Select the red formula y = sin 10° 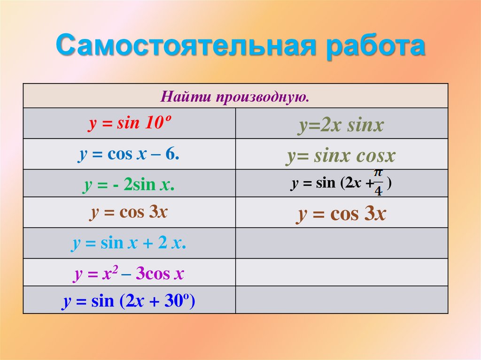[x=129, y=124]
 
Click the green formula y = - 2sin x [x=129, y=185]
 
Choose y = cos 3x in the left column [x=129, y=212]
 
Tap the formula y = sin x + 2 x [x=129, y=244]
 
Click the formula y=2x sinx [x=341, y=126]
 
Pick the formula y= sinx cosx [x=341, y=156]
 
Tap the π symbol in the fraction [x=378, y=175]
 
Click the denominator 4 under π [x=378, y=190]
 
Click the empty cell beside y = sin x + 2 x [x=341, y=243]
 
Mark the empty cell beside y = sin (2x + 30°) [x=341, y=300]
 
